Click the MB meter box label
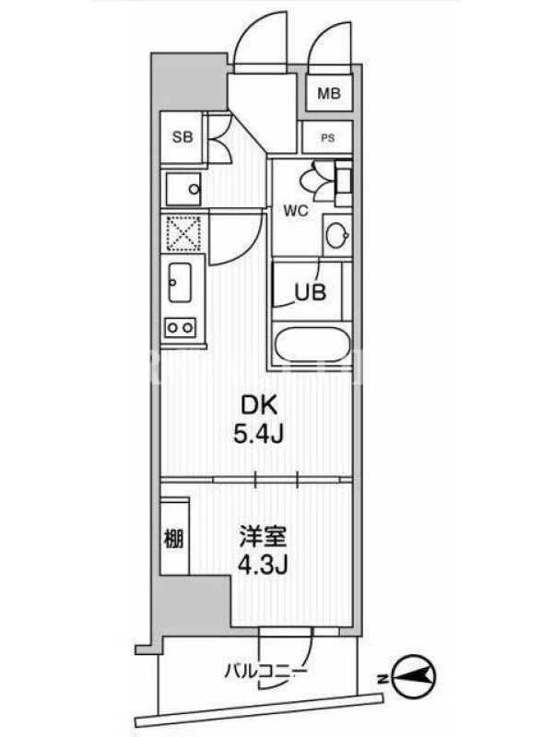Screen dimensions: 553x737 click(x=329, y=93)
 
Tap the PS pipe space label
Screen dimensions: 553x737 click(x=328, y=138)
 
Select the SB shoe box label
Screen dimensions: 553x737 click(x=182, y=137)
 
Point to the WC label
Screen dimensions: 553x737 click(x=296, y=211)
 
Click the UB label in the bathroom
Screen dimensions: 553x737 click(x=310, y=292)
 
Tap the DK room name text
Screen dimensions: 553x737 click(x=259, y=404)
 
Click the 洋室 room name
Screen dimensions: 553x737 click(x=263, y=537)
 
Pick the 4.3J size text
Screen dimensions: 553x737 click(x=263, y=566)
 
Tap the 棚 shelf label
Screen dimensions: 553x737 click(x=174, y=539)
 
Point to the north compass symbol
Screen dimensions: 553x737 click(x=414, y=677)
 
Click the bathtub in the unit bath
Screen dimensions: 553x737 click(x=312, y=345)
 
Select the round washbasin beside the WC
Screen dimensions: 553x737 click(x=336, y=235)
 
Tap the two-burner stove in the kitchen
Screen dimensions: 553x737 click(x=180, y=327)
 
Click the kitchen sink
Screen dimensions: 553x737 click(x=180, y=283)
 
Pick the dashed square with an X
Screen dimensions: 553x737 click(x=182, y=234)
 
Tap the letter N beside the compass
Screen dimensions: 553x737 click(x=383, y=678)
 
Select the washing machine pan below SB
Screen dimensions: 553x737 click(x=182, y=189)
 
